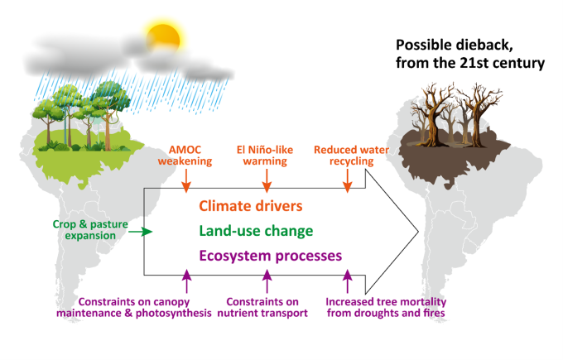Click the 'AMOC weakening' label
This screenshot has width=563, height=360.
coord(185,155)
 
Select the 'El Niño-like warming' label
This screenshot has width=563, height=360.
coord(264,155)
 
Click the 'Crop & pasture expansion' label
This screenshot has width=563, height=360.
coord(76,229)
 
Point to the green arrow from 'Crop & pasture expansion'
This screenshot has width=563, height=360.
coord(141,233)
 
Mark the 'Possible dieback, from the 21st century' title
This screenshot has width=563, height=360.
coord(469,54)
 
